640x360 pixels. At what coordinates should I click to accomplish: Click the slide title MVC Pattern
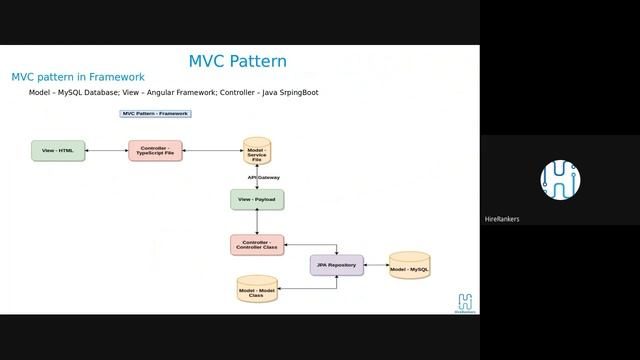pyautogui.click(x=237, y=61)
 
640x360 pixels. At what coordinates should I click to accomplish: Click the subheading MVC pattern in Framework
pyautogui.click(x=78, y=77)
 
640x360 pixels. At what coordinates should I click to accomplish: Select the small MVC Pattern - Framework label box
pyautogui.click(x=155, y=114)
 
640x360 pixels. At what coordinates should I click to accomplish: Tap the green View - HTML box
pyautogui.click(x=58, y=151)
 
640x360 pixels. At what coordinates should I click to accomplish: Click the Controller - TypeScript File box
pyautogui.click(x=155, y=151)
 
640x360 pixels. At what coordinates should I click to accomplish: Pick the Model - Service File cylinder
pyautogui.click(x=257, y=152)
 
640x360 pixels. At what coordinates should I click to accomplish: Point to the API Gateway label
pyautogui.click(x=264, y=178)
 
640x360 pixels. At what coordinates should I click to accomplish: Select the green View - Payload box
pyautogui.click(x=257, y=199)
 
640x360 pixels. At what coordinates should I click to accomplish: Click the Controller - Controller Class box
pyautogui.click(x=257, y=244)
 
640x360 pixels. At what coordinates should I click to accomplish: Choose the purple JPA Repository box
pyautogui.click(x=336, y=265)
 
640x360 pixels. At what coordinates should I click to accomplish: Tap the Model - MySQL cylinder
pyautogui.click(x=409, y=266)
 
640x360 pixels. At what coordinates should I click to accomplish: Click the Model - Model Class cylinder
pyautogui.click(x=256, y=290)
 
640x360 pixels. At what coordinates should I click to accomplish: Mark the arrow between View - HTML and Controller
pyautogui.click(x=107, y=151)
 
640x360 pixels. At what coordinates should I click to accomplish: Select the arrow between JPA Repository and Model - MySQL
pyautogui.click(x=375, y=266)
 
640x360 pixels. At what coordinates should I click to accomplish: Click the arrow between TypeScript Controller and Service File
pyautogui.click(x=213, y=151)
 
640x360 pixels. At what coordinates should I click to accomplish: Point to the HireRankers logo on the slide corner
pyautogui.click(x=465, y=302)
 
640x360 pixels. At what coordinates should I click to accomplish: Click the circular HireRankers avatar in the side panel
pyautogui.click(x=560, y=180)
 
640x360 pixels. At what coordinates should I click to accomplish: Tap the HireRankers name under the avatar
pyautogui.click(x=502, y=219)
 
